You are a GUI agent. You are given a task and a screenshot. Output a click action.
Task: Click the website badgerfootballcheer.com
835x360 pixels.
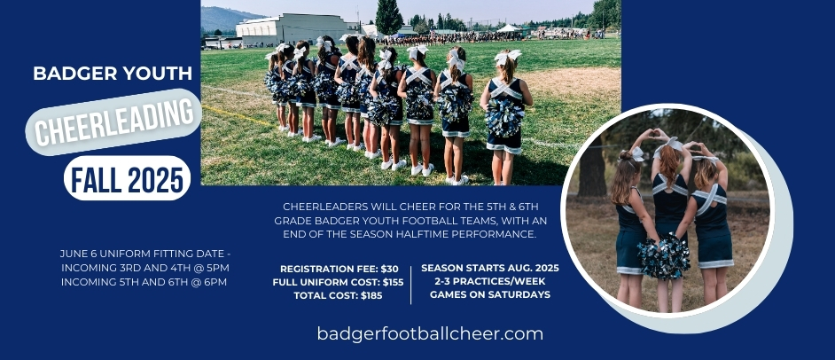click(430, 334)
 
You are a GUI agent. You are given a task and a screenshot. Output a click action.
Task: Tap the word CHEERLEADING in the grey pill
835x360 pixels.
click(114, 122)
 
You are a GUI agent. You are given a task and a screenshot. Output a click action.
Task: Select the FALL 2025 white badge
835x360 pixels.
click(128, 178)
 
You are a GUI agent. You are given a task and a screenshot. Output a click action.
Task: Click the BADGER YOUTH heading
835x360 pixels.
click(113, 73)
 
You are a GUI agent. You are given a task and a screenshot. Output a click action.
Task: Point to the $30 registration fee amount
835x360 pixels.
click(388, 269)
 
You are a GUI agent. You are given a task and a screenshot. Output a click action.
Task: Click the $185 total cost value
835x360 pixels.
click(371, 295)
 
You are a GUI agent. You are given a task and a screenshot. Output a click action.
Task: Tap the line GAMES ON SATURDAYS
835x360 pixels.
click(490, 294)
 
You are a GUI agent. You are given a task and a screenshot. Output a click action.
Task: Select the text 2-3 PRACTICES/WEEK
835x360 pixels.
click(490, 281)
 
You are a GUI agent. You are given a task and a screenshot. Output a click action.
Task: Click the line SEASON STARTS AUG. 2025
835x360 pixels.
click(490, 268)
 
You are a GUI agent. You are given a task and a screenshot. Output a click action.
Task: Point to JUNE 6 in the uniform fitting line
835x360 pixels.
click(78, 254)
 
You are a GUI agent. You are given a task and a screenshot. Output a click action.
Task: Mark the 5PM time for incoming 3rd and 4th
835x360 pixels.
click(218, 268)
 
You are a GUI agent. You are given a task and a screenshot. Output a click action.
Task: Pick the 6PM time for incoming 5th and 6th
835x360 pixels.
click(215, 282)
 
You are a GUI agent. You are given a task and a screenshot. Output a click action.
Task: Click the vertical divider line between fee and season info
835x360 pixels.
click(411, 285)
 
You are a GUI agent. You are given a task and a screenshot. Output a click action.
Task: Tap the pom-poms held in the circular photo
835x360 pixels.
click(664, 256)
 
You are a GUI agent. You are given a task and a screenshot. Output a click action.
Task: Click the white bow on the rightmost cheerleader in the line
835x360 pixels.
click(508, 57)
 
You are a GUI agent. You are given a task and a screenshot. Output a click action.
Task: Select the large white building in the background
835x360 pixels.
click(293, 30)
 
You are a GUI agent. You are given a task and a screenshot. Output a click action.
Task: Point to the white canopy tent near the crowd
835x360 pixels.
click(510, 29)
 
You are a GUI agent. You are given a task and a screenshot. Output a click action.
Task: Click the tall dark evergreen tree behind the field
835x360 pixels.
click(389, 17)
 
